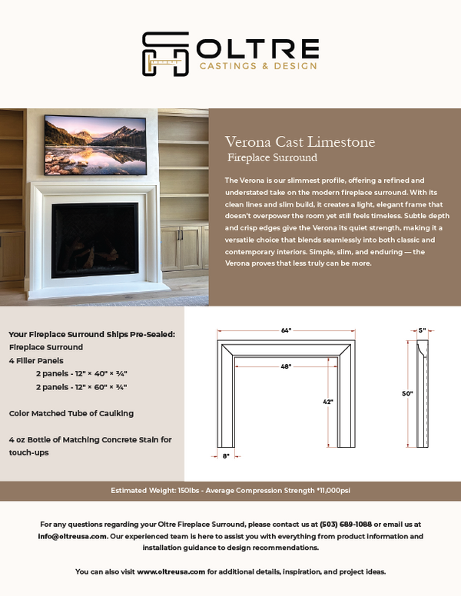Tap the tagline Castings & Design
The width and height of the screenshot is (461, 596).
pyautogui.click(x=258, y=67)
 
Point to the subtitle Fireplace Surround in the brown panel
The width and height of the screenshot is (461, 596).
pyautogui.click(x=273, y=158)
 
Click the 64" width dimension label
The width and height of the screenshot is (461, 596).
pyautogui.click(x=286, y=330)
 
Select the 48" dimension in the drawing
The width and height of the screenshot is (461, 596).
pyautogui.click(x=286, y=366)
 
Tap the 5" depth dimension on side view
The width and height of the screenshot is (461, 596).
pyautogui.click(x=422, y=330)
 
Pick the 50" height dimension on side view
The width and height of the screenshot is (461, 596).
pyautogui.click(x=408, y=393)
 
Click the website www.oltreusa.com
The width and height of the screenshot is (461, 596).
pyautogui.click(x=171, y=572)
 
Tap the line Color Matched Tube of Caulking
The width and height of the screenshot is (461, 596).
pyautogui.click(x=71, y=413)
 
